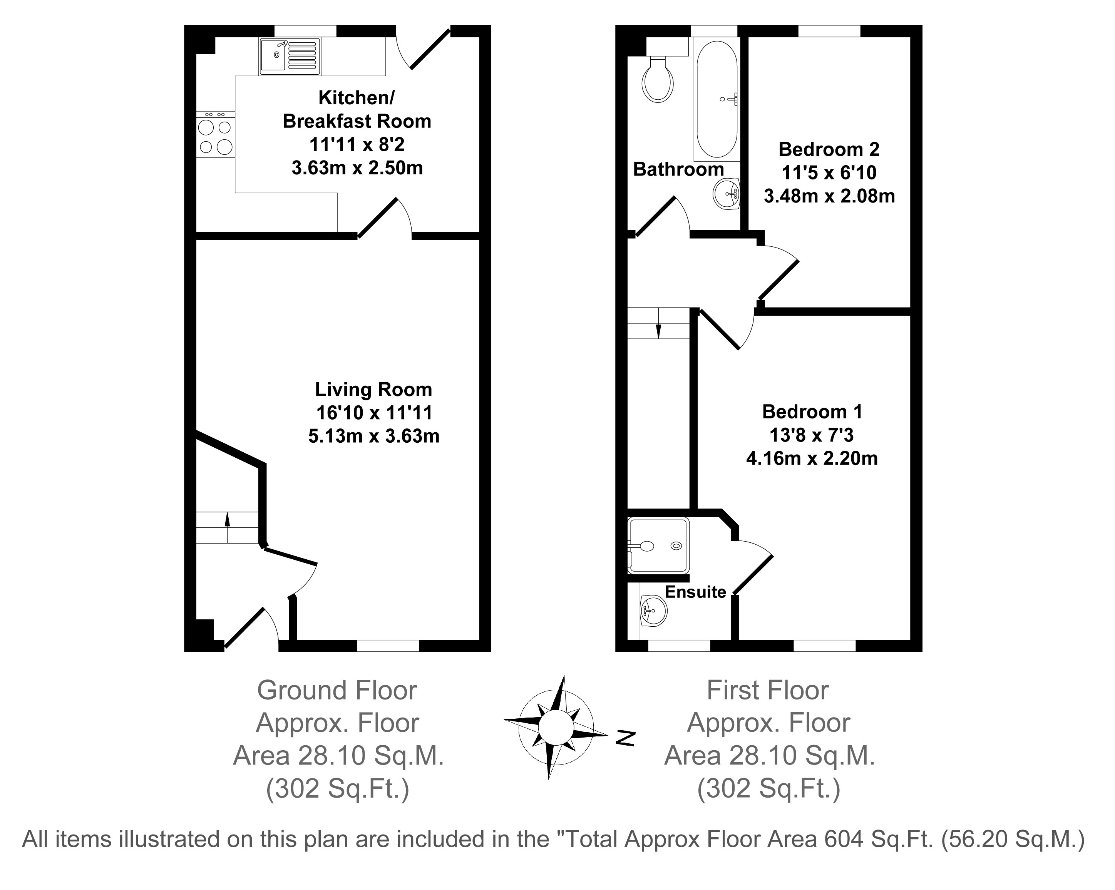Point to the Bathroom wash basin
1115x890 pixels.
(x=727, y=194)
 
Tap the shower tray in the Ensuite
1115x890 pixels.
(x=658, y=545)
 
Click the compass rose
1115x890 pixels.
(x=556, y=726)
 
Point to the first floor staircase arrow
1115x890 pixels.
(x=658, y=330)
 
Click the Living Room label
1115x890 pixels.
(x=373, y=390)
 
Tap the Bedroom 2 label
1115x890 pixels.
(x=829, y=149)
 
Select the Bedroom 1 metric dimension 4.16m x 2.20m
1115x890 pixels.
(x=812, y=458)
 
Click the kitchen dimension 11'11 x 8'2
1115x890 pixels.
(x=357, y=144)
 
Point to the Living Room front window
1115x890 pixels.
(x=388, y=646)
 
